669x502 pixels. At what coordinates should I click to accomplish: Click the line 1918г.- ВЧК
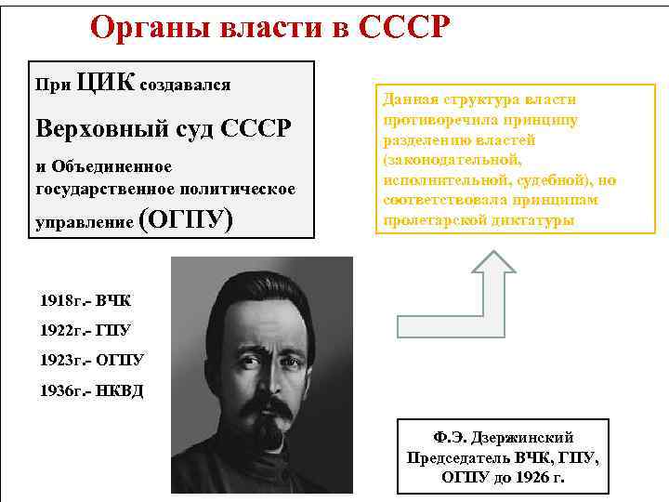pyautogui.click(x=85, y=301)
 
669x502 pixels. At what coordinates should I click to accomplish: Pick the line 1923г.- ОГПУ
pyautogui.click(x=92, y=359)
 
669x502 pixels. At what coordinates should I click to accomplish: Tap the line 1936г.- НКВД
pyautogui.click(x=92, y=389)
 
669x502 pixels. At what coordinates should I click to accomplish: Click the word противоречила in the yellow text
pyautogui.click(x=429, y=120)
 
